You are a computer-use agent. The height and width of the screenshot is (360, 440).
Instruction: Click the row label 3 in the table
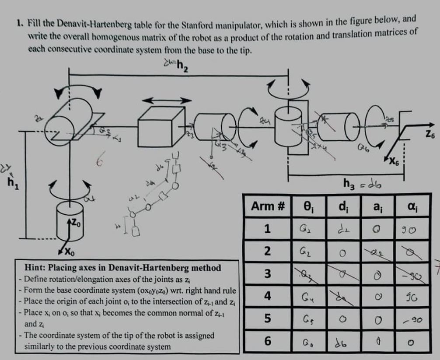tap(268, 274)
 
